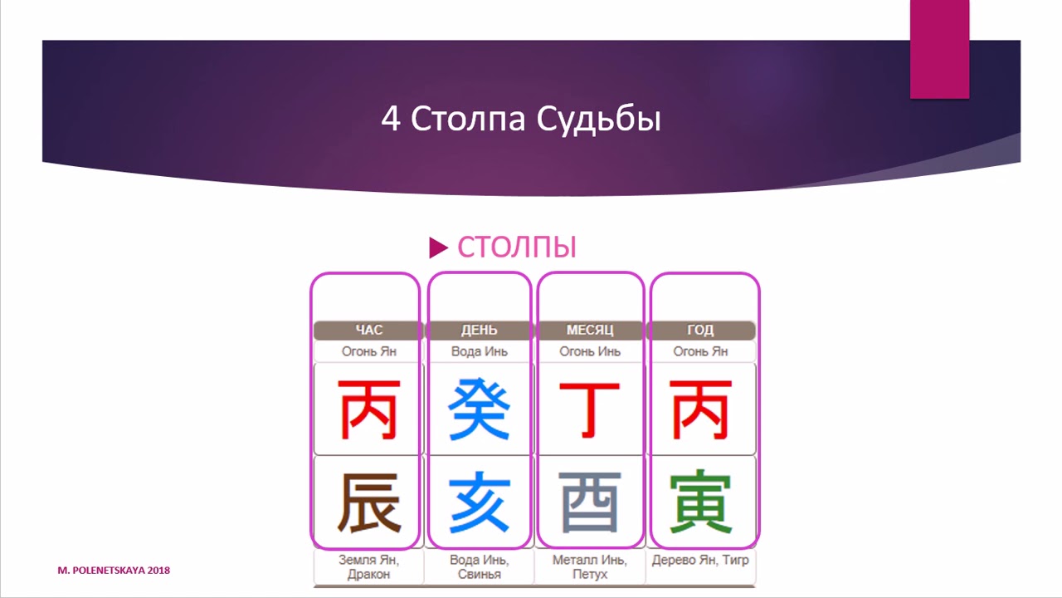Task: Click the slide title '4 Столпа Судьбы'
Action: click(x=521, y=119)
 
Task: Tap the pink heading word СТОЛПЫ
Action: click(x=517, y=247)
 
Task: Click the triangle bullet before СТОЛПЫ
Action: click(x=438, y=247)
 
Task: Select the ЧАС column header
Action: click(x=368, y=331)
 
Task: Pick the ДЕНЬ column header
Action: click(x=479, y=331)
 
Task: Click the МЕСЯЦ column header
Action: click(x=589, y=331)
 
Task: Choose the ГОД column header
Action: click(x=700, y=331)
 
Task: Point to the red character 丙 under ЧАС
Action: click(x=368, y=409)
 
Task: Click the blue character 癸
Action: click(x=479, y=409)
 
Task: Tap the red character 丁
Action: click(x=589, y=409)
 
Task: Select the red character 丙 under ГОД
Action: click(x=700, y=409)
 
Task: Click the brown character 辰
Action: click(x=368, y=502)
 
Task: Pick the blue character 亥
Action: click(x=479, y=502)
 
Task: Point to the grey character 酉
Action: click(x=589, y=502)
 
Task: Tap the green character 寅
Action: click(x=700, y=502)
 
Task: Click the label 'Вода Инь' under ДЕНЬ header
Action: click(x=479, y=351)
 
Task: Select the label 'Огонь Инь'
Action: click(x=589, y=351)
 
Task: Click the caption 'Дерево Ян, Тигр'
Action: click(x=700, y=560)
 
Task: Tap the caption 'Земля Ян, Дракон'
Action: click(x=368, y=566)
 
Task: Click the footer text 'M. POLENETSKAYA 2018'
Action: click(x=114, y=571)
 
